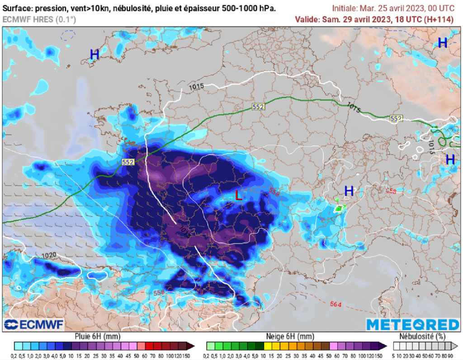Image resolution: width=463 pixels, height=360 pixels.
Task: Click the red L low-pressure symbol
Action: click(x=238, y=196)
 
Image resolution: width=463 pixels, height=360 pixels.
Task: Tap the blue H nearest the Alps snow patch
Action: click(x=349, y=191)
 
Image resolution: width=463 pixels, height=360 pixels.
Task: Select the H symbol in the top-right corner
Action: click(x=442, y=43)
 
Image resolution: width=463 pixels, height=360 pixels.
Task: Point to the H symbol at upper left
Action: click(x=94, y=55)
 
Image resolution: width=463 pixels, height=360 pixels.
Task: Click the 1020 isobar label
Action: click(x=49, y=256)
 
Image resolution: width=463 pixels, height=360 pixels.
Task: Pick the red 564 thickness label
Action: click(x=335, y=304)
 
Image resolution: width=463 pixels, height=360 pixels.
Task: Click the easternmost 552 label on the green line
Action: click(x=396, y=118)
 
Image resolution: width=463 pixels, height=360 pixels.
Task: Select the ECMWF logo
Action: click(x=33, y=324)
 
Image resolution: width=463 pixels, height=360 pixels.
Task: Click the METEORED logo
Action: click(x=412, y=324)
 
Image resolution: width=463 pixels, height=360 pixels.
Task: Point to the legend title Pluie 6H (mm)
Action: click(x=98, y=337)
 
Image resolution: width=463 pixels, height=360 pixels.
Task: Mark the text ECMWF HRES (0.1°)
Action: click(x=39, y=19)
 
